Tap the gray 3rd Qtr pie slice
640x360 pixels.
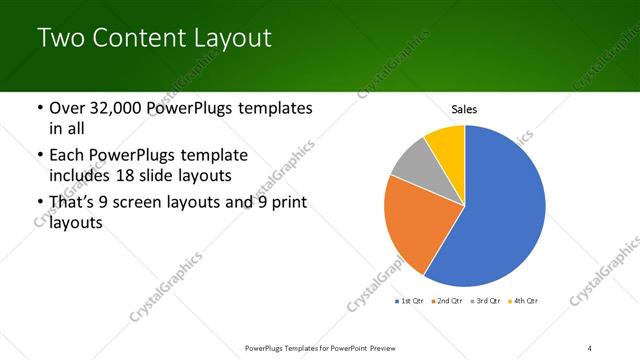(x=412, y=165)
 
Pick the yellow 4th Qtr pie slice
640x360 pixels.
(x=447, y=145)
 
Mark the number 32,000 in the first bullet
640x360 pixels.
(x=121, y=108)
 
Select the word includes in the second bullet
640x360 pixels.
(x=80, y=177)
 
